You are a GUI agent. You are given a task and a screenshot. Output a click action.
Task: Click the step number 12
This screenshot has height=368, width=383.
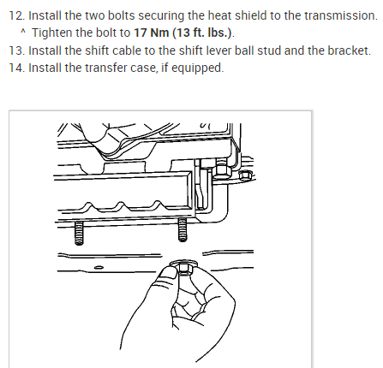pos(17,15)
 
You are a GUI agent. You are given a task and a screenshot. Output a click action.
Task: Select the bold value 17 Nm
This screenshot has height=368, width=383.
pos(152,33)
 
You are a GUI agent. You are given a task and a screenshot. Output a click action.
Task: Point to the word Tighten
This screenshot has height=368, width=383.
pos(51,33)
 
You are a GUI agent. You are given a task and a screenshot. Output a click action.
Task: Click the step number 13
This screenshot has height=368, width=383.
pos(17,50)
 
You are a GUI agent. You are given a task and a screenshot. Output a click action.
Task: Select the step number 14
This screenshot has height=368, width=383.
pos(17,68)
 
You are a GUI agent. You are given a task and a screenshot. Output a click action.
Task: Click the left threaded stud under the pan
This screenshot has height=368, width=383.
pos(79,233)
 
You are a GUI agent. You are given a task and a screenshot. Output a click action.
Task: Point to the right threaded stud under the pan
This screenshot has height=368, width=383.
pos(183,229)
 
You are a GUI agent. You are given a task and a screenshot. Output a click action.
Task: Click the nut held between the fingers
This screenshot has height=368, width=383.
pos(183,267)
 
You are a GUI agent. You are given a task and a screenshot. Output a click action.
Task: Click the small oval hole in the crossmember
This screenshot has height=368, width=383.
pos(99,267)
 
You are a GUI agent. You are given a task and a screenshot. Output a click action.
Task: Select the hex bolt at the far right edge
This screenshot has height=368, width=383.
pos(245,175)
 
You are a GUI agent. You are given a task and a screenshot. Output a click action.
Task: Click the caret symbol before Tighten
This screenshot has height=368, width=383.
pos(23,31)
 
